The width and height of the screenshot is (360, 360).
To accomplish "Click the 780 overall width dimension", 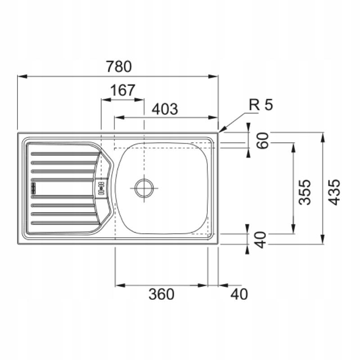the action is click(x=119, y=67).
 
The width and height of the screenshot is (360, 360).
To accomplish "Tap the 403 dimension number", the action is click(x=165, y=109).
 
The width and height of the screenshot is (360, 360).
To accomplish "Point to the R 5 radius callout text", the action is click(x=261, y=105).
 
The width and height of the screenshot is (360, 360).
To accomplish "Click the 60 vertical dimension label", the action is click(x=262, y=141).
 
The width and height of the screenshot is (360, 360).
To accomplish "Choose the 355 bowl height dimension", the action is click(x=305, y=192).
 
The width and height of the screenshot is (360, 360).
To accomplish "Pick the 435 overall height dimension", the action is click(x=333, y=192).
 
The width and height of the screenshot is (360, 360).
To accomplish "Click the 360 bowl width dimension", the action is click(x=161, y=294).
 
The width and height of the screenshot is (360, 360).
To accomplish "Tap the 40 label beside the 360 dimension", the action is click(x=239, y=294).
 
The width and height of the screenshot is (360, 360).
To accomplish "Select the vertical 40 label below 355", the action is click(x=261, y=240).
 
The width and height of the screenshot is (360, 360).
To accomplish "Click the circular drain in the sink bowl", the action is click(x=144, y=188).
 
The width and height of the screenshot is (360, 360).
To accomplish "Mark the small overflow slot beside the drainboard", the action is click(x=101, y=188).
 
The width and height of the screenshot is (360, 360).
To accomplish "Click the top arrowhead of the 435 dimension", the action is click(x=323, y=137).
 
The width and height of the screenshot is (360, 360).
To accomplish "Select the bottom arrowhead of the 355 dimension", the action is click(x=293, y=229).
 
